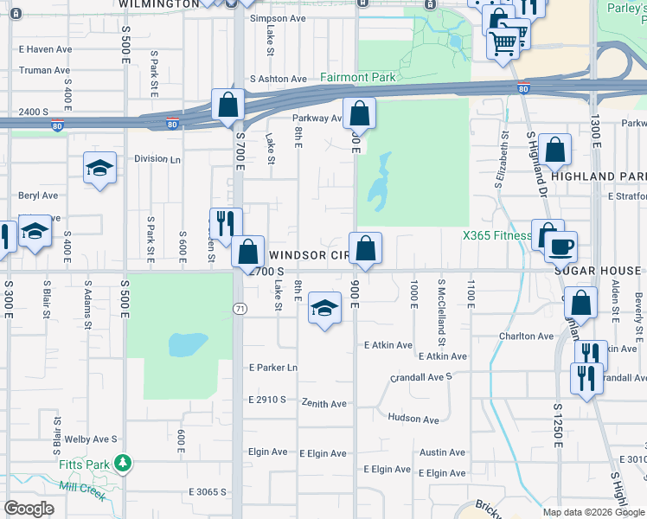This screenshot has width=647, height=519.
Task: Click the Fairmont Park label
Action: [x=357, y=77]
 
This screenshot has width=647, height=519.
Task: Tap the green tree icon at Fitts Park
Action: [x=124, y=465]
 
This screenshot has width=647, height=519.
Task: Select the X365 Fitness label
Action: [x=496, y=235]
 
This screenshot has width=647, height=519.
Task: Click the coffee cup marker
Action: [x=561, y=247]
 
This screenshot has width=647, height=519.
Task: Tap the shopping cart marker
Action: [x=503, y=40]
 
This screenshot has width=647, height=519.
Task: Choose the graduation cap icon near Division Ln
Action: [x=99, y=167]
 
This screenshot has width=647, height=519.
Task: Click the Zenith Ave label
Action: [x=323, y=403]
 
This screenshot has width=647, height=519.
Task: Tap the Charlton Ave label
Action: [x=525, y=336]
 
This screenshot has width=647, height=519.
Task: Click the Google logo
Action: [x=29, y=509]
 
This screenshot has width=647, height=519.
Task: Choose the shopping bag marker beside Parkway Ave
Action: [x=359, y=113]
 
